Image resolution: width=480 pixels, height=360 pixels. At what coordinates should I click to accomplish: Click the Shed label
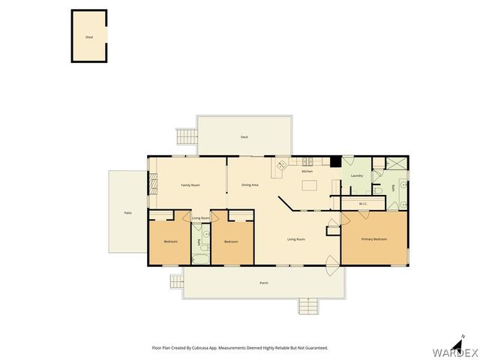coord(88,36)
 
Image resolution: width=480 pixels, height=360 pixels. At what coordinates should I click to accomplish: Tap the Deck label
coord(244,137)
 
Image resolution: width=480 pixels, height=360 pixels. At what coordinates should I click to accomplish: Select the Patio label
coord(128,213)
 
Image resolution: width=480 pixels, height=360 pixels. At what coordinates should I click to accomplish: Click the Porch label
coord(264,283)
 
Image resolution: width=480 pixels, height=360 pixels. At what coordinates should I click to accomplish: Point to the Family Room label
coord(190,184)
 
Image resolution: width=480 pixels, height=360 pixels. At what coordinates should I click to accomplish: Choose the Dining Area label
coord(250,184)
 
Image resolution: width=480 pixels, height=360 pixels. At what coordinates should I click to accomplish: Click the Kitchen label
coord(307,172)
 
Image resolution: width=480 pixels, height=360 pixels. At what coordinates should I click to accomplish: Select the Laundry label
coord(357,176)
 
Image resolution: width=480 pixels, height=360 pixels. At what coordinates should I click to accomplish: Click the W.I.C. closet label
coord(362,204)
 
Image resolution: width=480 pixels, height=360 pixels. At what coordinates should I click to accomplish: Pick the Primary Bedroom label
coord(374,239)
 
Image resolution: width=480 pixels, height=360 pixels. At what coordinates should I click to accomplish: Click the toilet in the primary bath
coord(378,190)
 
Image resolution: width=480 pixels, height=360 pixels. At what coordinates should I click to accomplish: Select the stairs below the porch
coord(307,306)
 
